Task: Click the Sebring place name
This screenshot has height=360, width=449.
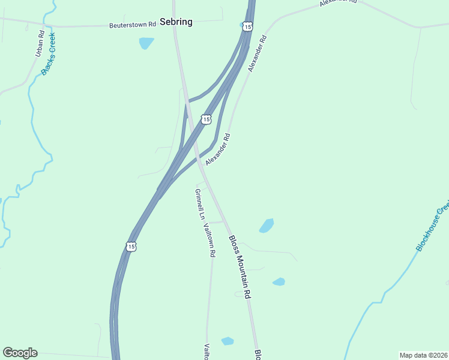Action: click(176, 22)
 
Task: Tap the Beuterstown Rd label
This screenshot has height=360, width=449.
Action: click(133, 25)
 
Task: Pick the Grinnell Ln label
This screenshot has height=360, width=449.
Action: click(199, 204)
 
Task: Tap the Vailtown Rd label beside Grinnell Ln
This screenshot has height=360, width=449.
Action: click(209, 240)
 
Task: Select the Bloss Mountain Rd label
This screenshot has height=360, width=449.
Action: click(239, 267)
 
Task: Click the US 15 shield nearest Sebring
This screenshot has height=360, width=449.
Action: click(248, 26)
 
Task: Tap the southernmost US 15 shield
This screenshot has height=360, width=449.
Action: click(131, 246)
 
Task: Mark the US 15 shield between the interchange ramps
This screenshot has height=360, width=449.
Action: click(206, 119)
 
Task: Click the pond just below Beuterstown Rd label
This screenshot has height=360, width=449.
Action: click(146, 43)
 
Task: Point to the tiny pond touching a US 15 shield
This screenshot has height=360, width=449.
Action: click(242, 25)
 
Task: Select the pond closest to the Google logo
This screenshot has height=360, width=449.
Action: click(227, 341)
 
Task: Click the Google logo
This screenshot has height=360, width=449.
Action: click(20, 353)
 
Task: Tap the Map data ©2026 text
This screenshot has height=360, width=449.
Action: click(423, 355)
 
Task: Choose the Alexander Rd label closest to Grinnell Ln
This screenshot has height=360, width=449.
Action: click(218, 150)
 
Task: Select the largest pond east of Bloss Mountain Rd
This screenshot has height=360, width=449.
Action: click(266, 226)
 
